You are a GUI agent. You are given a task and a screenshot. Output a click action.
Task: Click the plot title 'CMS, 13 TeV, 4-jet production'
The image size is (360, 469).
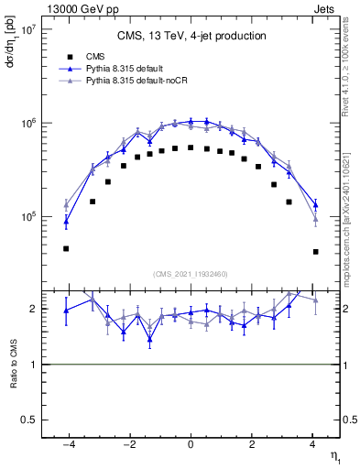pos(191,37)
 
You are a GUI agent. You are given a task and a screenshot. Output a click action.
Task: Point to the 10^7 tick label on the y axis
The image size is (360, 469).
pos(26,29)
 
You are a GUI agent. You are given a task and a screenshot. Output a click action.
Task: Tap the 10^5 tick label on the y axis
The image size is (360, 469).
pos(26,217)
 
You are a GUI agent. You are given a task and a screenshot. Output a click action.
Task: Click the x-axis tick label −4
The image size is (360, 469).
pos(66,445)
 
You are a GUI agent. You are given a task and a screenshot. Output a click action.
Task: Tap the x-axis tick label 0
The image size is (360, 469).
pos(191,445)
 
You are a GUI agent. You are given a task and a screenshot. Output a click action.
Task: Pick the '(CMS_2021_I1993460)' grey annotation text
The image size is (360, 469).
pos(191,273)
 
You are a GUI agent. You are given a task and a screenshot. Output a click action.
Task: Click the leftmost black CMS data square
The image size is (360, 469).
pos(66,248)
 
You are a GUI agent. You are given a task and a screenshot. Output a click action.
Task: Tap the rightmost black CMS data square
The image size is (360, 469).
pos(315,251)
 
